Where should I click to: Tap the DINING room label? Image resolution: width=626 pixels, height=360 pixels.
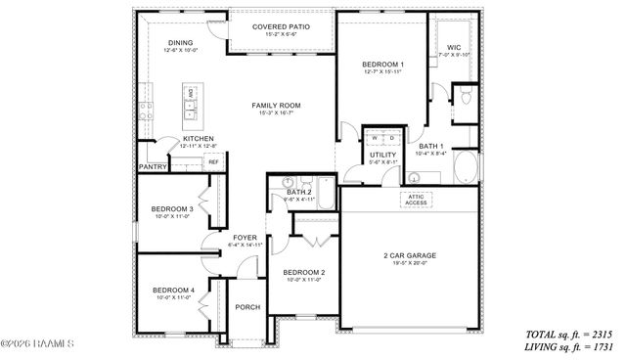coord(180,43)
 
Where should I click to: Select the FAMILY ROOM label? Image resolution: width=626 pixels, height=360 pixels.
coord(276,106)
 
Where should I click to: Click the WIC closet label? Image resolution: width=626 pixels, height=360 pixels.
coord(453,47)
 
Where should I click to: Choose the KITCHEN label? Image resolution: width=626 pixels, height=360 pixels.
coord(199,139)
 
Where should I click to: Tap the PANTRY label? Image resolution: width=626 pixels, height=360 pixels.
coord(153,167)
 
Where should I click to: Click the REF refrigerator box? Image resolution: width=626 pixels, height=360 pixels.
coord(212,161)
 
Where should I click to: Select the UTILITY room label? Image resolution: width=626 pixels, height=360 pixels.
coord(381,156)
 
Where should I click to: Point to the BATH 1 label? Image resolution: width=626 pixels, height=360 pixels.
coord(429,147)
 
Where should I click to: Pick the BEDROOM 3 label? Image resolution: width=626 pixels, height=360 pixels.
coord(171,208)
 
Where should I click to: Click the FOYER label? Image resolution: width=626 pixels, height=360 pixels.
coord(245,236)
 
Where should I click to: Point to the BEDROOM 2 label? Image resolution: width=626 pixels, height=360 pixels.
coord(304,272)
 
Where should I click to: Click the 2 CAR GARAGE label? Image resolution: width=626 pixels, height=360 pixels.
coord(409,255)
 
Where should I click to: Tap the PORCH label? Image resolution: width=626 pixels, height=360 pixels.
coord(247,307)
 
